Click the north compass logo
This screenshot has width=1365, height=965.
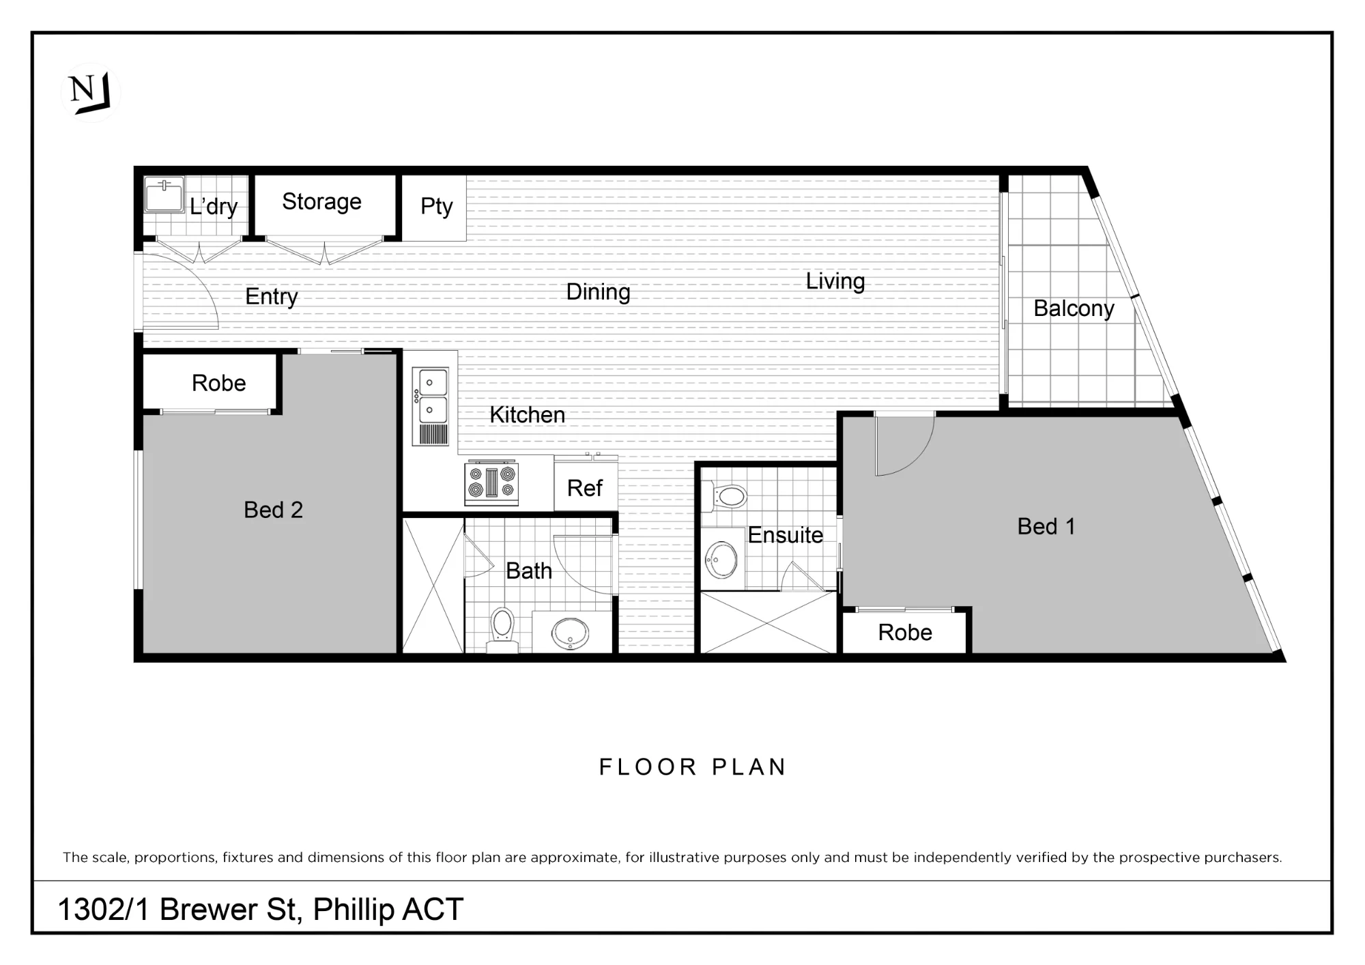tap(90, 93)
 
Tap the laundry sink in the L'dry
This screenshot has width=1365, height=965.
tap(164, 195)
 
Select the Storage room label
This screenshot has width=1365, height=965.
tap(321, 202)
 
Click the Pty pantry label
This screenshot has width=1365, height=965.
tap(436, 206)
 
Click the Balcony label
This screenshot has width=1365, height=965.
tap(1074, 308)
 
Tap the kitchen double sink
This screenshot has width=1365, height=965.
tap(430, 407)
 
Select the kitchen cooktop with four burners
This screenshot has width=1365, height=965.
tap(491, 484)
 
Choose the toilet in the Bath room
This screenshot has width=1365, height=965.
tap(502, 626)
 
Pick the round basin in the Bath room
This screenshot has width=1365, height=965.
tap(571, 633)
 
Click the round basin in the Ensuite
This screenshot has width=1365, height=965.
tap(721, 560)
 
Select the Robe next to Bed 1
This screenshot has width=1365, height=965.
tap(905, 632)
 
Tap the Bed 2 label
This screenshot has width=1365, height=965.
tap(273, 510)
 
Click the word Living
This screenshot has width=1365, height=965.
tap(835, 281)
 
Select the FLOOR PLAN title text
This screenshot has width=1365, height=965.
tap(693, 767)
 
